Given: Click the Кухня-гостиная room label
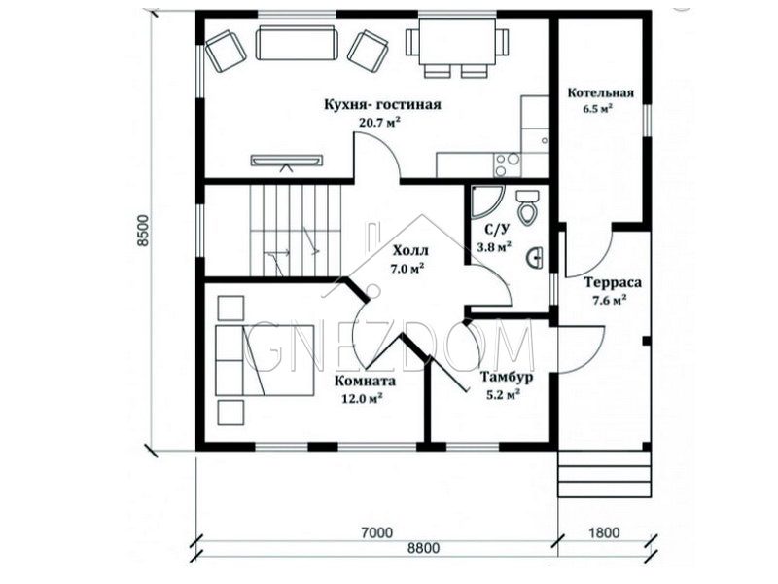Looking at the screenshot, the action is point(382,105).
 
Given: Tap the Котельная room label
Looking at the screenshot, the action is point(600,92).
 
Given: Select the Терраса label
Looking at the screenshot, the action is point(613,282).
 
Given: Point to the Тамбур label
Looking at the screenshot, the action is point(507,377).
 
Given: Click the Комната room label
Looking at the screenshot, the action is point(366,381).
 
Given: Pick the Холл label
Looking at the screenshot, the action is point(409,250).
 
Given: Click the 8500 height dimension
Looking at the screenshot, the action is point(143,231).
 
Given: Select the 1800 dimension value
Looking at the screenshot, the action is point(604,532).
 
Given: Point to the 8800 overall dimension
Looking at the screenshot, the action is point(423,548).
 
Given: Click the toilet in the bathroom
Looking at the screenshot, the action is point(526,207).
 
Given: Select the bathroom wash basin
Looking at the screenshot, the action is point(536,257).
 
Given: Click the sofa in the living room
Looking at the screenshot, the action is point(297,44).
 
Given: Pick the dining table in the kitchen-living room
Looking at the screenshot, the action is point(457,42).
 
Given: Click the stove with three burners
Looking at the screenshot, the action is point(507,164).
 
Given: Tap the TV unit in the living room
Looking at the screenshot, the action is point(287,162).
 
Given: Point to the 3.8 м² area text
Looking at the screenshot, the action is point(494,246).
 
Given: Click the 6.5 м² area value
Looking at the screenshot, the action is point(598,108).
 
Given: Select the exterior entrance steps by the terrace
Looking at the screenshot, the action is point(604,474).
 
